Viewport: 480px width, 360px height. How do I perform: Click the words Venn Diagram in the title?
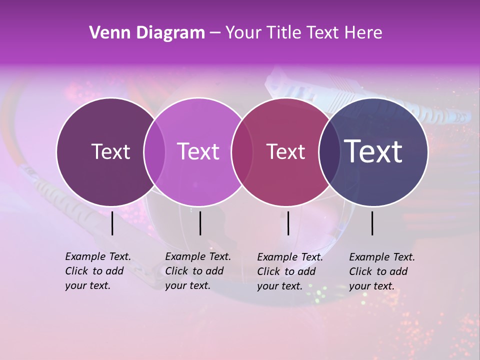click(147, 33)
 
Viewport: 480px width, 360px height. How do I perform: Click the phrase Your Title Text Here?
click(303, 33)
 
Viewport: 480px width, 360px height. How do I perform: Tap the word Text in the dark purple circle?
click(110, 151)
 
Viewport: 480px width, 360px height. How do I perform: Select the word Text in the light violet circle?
click(198, 151)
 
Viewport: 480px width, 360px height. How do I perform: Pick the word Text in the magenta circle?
click(285, 151)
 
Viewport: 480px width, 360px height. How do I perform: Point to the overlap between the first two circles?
click(154, 151)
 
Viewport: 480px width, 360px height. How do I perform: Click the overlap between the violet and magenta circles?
click(242, 151)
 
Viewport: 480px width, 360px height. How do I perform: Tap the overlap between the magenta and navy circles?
click(328, 151)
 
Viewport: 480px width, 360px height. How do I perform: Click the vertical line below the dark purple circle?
click(112, 223)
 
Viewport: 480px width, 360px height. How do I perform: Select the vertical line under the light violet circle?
click(200, 223)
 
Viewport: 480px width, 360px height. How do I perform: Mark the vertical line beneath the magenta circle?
click(288, 223)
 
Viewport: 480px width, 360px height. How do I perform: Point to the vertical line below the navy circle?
click(372, 223)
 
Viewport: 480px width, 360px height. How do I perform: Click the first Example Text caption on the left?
click(98, 271)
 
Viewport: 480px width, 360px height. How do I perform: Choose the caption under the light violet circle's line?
click(198, 271)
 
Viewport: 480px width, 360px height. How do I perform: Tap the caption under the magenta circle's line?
click(290, 271)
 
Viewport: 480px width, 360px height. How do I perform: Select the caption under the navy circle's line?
click(382, 271)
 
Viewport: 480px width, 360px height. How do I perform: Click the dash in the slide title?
click(214, 33)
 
